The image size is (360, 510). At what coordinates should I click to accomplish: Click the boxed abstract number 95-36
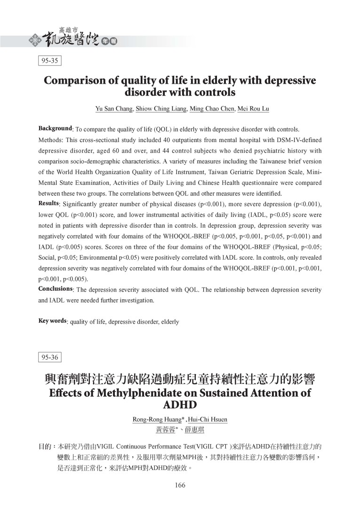(49, 357)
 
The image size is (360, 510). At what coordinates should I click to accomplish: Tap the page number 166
(180, 486)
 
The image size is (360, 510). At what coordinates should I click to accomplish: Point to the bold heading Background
(55, 128)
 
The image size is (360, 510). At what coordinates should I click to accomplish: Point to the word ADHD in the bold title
(180, 405)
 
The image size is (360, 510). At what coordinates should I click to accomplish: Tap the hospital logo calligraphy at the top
(71, 38)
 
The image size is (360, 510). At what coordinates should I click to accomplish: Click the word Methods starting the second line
(50, 140)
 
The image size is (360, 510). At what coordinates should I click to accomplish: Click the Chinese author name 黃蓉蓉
(166, 430)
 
